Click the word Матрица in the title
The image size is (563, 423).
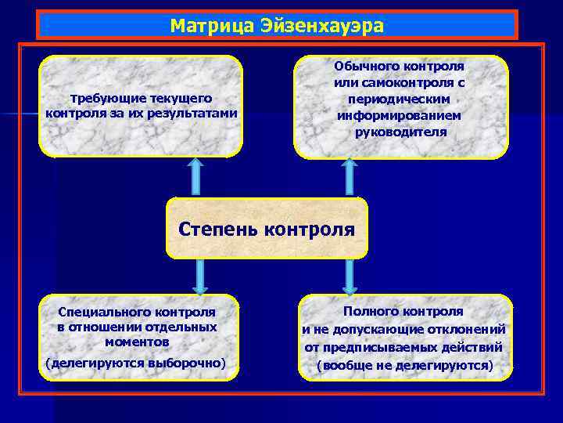(x=204, y=25)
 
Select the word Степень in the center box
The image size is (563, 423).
(x=218, y=230)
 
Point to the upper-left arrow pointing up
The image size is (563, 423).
(x=195, y=177)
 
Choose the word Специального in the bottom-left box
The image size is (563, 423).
(x=97, y=313)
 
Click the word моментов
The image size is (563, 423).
(x=137, y=342)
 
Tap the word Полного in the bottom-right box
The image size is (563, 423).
(x=370, y=312)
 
